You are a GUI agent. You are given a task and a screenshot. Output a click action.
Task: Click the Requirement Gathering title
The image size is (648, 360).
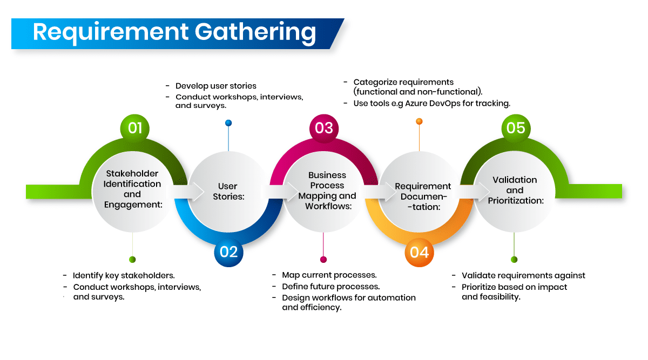point(174,32)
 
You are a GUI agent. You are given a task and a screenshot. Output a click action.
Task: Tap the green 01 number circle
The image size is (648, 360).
point(135,128)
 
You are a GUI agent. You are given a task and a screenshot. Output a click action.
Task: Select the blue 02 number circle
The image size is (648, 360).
point(229,252)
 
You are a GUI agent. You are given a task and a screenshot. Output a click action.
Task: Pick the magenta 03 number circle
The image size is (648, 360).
point(324,128)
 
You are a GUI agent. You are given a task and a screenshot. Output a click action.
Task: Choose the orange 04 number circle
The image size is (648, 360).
point(420,252)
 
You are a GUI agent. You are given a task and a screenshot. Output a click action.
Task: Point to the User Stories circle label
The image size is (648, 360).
point(228,192)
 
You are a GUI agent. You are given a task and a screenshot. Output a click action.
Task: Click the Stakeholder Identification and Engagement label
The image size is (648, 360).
point(133,189)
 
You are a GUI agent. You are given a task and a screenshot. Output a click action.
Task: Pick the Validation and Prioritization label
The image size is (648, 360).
point(515,190)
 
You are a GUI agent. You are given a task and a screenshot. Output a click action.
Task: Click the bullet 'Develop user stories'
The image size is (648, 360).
point(215,86)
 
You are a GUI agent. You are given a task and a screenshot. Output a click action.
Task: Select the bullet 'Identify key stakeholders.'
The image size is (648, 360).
point(124,275)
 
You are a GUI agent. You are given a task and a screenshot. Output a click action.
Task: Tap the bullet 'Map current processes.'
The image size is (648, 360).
point(329,275)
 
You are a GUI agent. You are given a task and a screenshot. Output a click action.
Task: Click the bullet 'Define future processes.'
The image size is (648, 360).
point(330,287)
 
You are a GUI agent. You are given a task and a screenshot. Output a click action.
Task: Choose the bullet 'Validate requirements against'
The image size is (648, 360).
point(523,275)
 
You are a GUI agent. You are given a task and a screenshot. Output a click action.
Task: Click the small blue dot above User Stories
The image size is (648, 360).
point(228,123)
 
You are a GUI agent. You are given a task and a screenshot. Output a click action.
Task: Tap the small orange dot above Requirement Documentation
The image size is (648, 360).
point(419,121)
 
